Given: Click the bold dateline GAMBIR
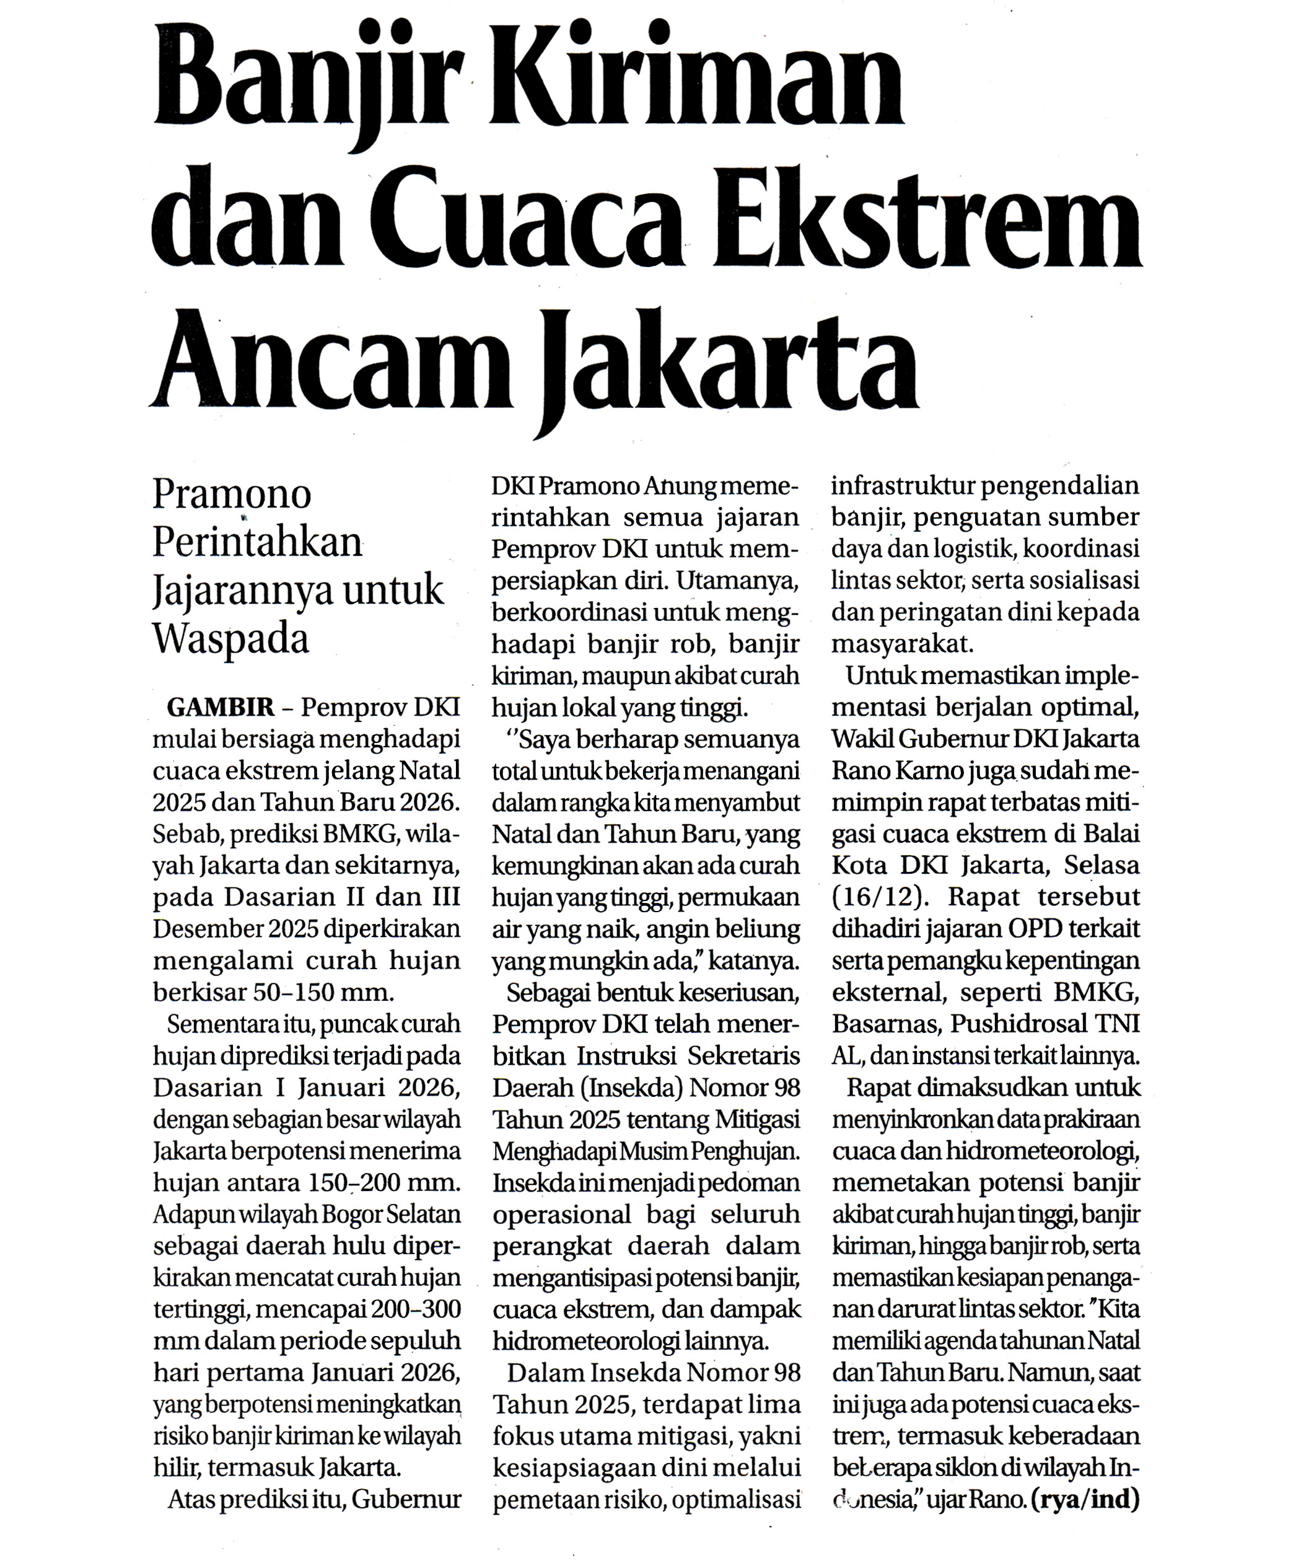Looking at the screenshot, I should [x=221, y=707].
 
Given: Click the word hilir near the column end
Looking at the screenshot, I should [x=175, y=1468].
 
